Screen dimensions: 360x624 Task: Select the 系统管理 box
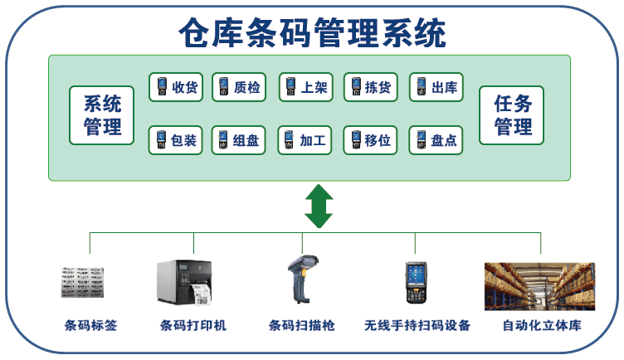[x=102, y=115]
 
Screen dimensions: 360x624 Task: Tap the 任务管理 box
[x=513, y=115]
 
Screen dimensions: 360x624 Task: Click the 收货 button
[x=175, y=87]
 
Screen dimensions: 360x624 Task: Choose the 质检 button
[x=239, y=87]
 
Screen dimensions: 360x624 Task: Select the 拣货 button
[x=370, y=87]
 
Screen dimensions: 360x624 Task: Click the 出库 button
[x=436, y=87]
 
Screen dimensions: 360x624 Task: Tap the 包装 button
[x=175, y=140]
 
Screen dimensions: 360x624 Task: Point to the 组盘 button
[x=239, y=140]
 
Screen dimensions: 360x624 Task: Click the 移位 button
[x=370, y=140]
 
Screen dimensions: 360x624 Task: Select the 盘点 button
[x=436, y=140]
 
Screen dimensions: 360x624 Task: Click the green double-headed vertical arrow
[x=319, y=207]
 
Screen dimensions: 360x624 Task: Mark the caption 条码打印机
[x=193, y=325]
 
